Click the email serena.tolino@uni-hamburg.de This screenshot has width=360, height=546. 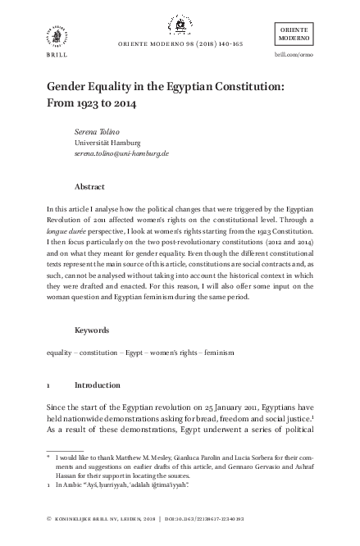click(x=121, y=153)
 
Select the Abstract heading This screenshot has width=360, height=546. click(x=89, y=186)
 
